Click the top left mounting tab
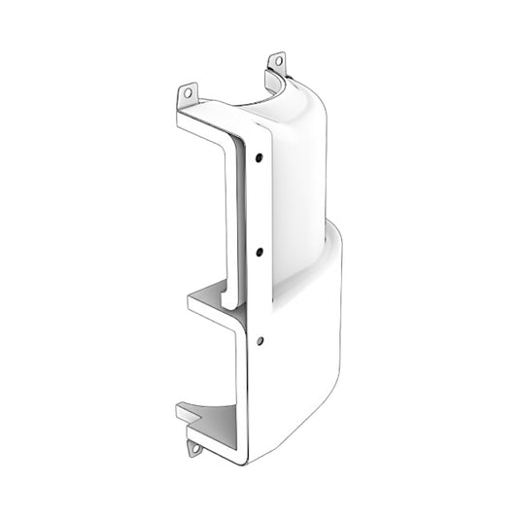click(188, 94)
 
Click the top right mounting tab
click(277, 63)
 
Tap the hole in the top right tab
click(278, 61)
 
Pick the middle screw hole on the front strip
click(259, 252)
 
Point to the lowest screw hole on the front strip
click(259, 339)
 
